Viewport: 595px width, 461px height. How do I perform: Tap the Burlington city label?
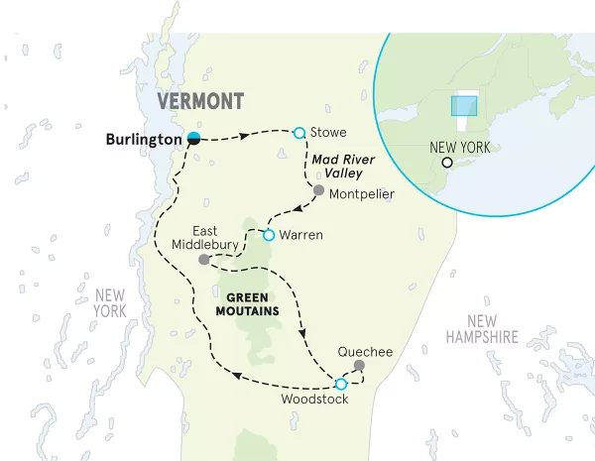pyautogui.click(x=144, y=139)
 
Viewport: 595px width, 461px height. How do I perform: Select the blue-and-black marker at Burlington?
pyautogui.click(x=195, y=138)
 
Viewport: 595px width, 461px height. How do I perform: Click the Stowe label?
pyautogui.click(x=327, y=131)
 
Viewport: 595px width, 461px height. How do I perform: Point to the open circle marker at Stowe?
pyautogui.click(x=298, y=131)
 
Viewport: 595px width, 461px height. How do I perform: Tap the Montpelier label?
pyautogui.click(x=362, y=192)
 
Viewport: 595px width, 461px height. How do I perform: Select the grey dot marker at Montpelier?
pyautogui.click(x=318, y=190)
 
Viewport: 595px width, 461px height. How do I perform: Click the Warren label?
pyautogui.click(x=303, y=236)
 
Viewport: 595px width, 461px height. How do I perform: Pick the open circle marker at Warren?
pyautogui.click(x=269, y=235)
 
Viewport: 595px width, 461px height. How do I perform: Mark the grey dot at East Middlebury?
pyautogui.click(x=203, y=260)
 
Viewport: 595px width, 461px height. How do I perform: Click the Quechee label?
pyautogui.click(x=365, y=351)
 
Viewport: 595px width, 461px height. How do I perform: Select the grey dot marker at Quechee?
pyautogui.click(x=359, y=366)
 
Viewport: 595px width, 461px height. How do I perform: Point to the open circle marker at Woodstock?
pyautogui.click(x=341, y=384)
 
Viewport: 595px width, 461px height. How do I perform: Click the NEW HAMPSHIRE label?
pyautogui.click(x=481, y=328)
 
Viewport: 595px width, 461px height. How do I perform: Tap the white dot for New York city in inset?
pyautogui.click(x=447, y=163)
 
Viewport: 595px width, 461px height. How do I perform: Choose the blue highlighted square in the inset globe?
pyautogui.click(x=463, y=106)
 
